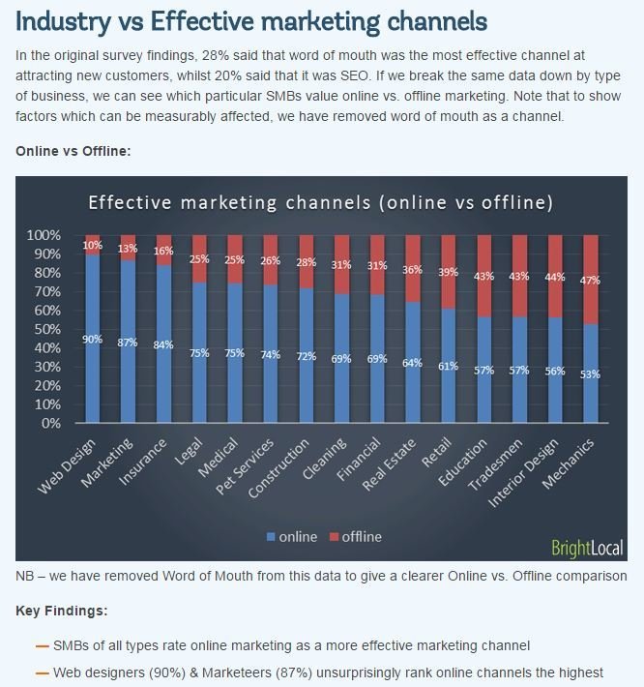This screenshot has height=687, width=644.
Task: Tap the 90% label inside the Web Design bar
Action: click(x=93, y=338)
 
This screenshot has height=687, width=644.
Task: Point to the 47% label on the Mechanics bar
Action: click(x=590, y=280)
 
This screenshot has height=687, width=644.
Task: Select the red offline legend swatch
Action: click(x=333, y=537)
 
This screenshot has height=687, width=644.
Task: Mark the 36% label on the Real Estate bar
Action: click(x=412, y=270)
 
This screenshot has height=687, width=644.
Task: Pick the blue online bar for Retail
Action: click(x=448, y=387)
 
